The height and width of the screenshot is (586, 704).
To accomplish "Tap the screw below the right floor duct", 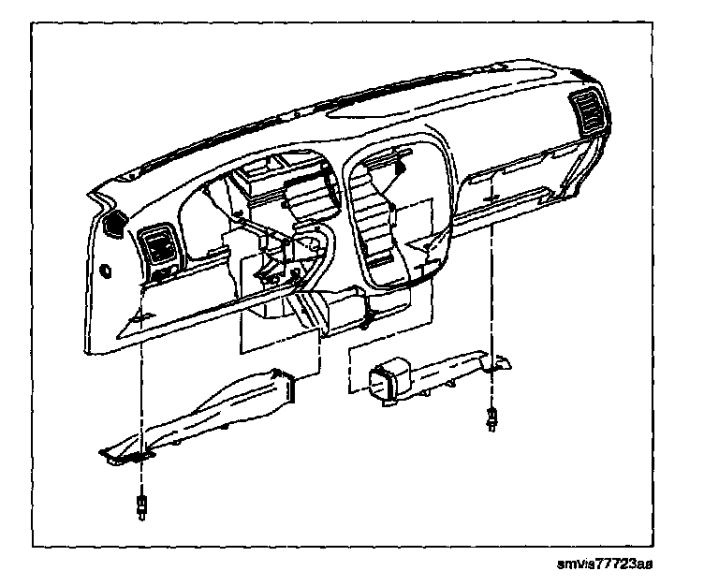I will [x=491, y=418].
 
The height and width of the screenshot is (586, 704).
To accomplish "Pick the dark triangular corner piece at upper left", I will [x=116, y=223].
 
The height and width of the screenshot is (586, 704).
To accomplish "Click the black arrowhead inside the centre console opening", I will [x=402, y=168].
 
